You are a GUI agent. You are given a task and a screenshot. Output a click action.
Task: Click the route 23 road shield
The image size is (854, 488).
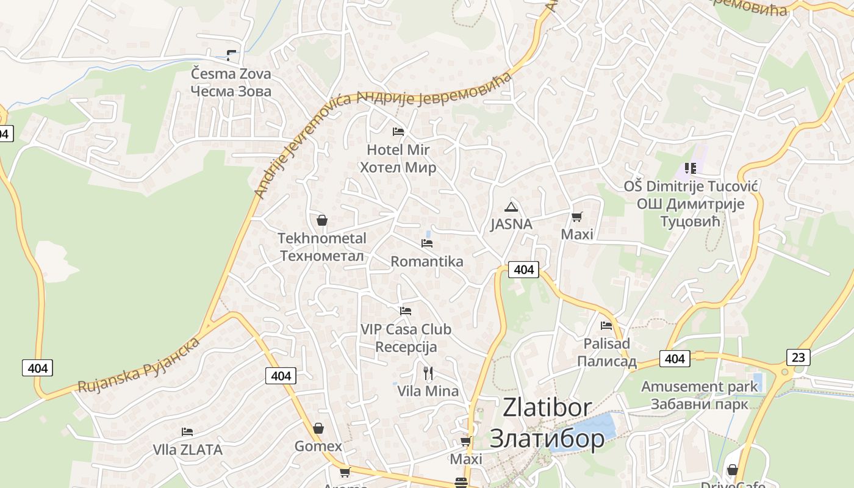pyautogui.click(x=798, y=357)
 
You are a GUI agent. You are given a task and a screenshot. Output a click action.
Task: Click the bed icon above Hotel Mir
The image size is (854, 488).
pyautogui.click(x=398, y=131)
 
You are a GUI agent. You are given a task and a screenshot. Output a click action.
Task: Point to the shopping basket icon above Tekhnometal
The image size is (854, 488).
pyautogui.click(x=322, y=220)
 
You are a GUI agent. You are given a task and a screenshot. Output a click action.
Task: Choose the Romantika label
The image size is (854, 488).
pyautogui.click(x=427, y=262)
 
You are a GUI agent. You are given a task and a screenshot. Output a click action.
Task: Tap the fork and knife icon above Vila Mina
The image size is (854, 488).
pyautogui.click(x=428, y=373)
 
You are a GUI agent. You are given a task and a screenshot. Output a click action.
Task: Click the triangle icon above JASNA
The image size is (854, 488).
pyautogui.click(x=511, y=207)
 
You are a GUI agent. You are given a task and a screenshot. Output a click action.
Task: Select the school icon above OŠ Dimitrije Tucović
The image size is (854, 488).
pyautogui.click(x=691, y=168)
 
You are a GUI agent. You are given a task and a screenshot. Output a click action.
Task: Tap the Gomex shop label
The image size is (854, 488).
pyautogui.click(x=318, y=446)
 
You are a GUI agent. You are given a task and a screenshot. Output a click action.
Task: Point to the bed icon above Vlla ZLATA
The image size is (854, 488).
pyautogui.click(x=187, y=432)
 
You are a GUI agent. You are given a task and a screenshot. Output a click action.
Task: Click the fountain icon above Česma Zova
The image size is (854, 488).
pyautogui.click(x=231, y=56)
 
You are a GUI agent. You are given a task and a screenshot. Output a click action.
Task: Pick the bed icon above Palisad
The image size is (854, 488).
pyautogui.click(x=606, y=326)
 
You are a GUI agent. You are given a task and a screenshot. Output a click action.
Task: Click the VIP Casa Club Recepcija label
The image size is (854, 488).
pyautogui.click(x=406, y=338)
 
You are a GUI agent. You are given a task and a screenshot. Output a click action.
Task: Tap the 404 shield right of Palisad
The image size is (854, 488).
pyautogui.click(x=674, y=359)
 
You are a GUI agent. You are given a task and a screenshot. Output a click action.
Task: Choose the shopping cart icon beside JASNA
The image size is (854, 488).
pyautogui.click(x=577, y=217)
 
